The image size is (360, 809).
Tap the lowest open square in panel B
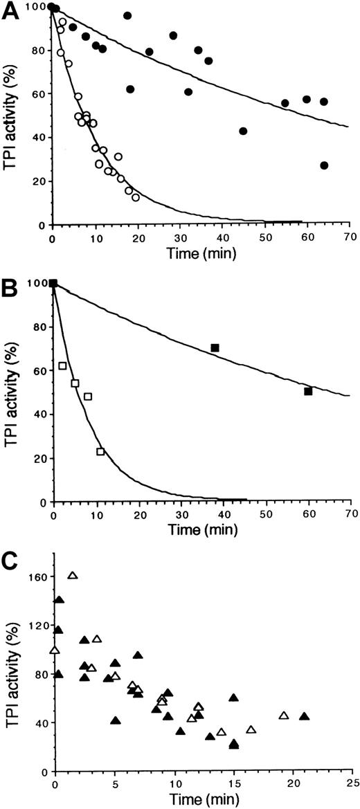point(101,452)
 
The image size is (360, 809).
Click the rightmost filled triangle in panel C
point(304,716)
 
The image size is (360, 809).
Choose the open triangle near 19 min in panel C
point(283,715)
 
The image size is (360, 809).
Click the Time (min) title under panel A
point(200,254)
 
